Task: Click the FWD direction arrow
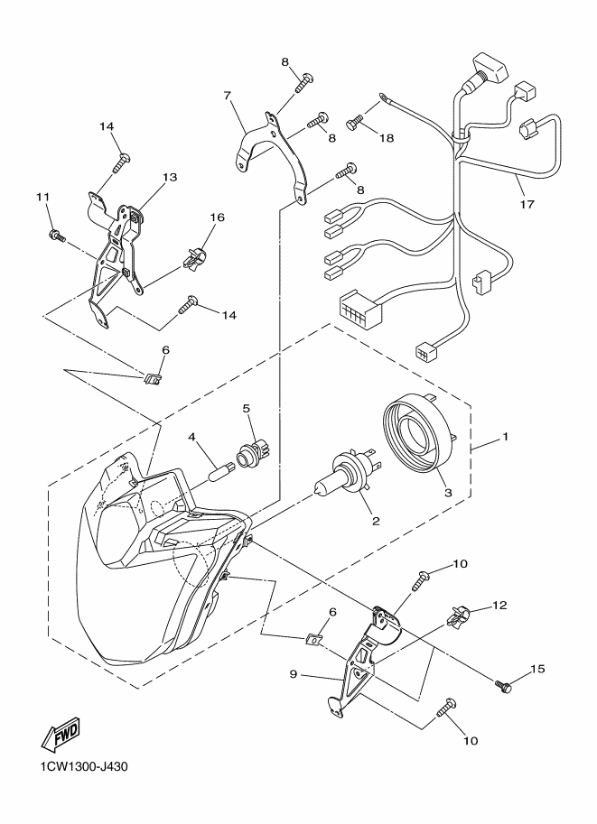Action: click(61, 734)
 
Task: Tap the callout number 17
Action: click(527, 205)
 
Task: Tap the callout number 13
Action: click(170, 177)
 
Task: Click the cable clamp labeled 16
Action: click(194, 257)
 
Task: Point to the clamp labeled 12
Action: click(458, 616)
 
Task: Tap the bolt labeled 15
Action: click(503, 685)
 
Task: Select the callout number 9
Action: click(294, 674)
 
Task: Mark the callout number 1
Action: click(506, 436)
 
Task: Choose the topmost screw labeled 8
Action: click(304, 82)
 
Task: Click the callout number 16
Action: click(218, 217)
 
